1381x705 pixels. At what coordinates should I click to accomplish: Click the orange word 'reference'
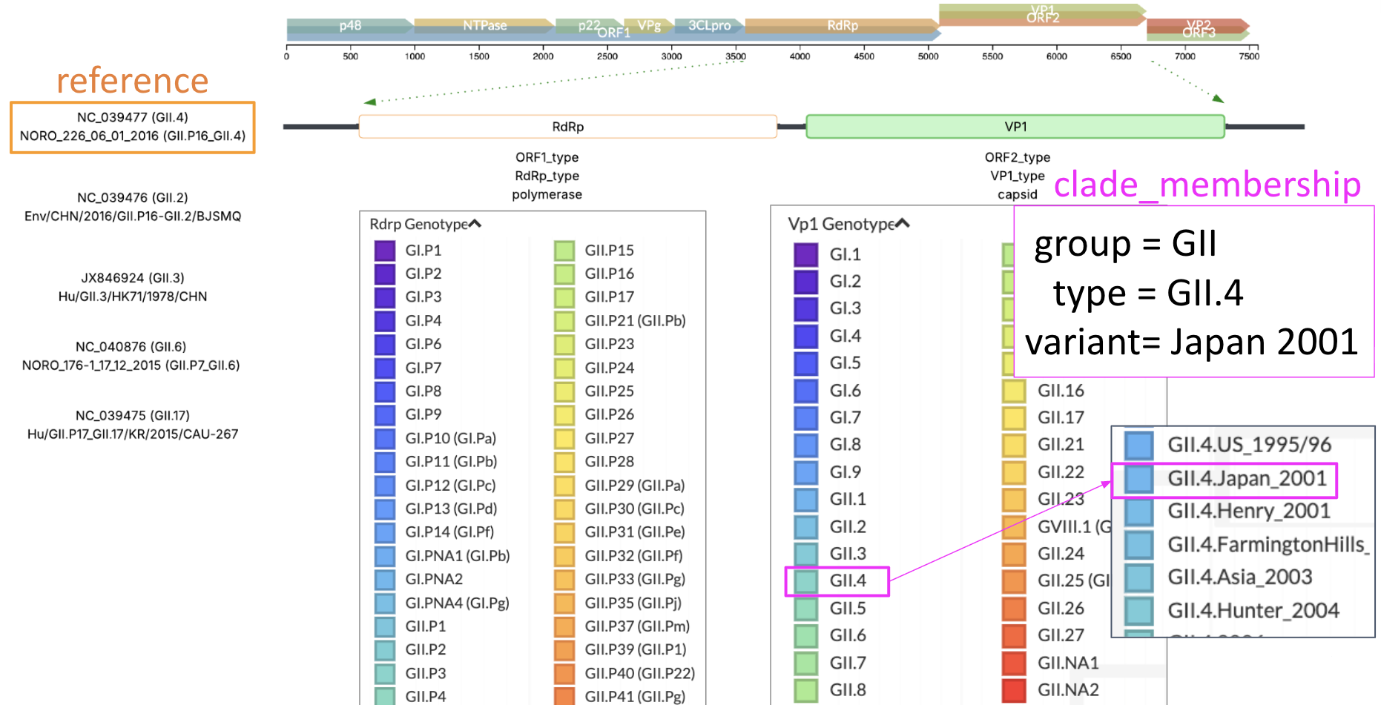pyautogui.click(x=133, y=81)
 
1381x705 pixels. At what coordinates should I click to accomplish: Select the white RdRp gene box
pyautogui.click(x=567, y=127)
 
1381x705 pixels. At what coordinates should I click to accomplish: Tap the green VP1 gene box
pyautogui.click(x=1015, y=127)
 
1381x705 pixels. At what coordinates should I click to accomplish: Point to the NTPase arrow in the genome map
pyautogui.click(x=484, y=25)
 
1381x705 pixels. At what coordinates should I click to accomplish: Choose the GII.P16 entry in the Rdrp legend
pyautogui.click(x=609, y=274)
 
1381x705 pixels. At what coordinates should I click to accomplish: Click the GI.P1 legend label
pyautogui.click(x=423, y=251)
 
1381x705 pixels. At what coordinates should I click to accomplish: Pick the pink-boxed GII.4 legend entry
pyautogui.click(x=847, y=580)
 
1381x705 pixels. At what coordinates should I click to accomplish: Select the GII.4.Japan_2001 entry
pyautogui.click(x=1246, y=479)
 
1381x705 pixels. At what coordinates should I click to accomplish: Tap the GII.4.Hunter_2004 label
pyautogui.click(x=1253, y=610)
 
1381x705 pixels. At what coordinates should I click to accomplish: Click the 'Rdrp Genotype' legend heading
pyautogui.click(x=419, y=224)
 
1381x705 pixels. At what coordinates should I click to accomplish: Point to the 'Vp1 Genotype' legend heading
pyautogui.click(x=842, y=224)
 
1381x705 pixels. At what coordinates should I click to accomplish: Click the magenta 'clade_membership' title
pyautogui.click(x=1207, y=185)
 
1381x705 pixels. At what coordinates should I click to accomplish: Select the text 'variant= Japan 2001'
pyautogui.click(x=1191, y=342)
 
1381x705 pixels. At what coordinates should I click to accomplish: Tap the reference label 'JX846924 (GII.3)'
pyautogui.click(x=133, y=278)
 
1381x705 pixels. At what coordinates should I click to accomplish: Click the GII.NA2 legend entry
pyautogui.click(x=1067, y=689)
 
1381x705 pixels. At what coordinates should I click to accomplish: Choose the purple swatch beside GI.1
pyautogui.click(x=805, y=254)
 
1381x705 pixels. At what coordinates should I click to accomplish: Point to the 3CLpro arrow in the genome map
pyautogui.click(x=708, y=25)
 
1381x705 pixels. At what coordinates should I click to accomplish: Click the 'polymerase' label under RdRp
pyautogui.click(x=547, y=194)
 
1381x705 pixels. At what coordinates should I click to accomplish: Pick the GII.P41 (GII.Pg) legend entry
pyautogui.click(x=634, y=696)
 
